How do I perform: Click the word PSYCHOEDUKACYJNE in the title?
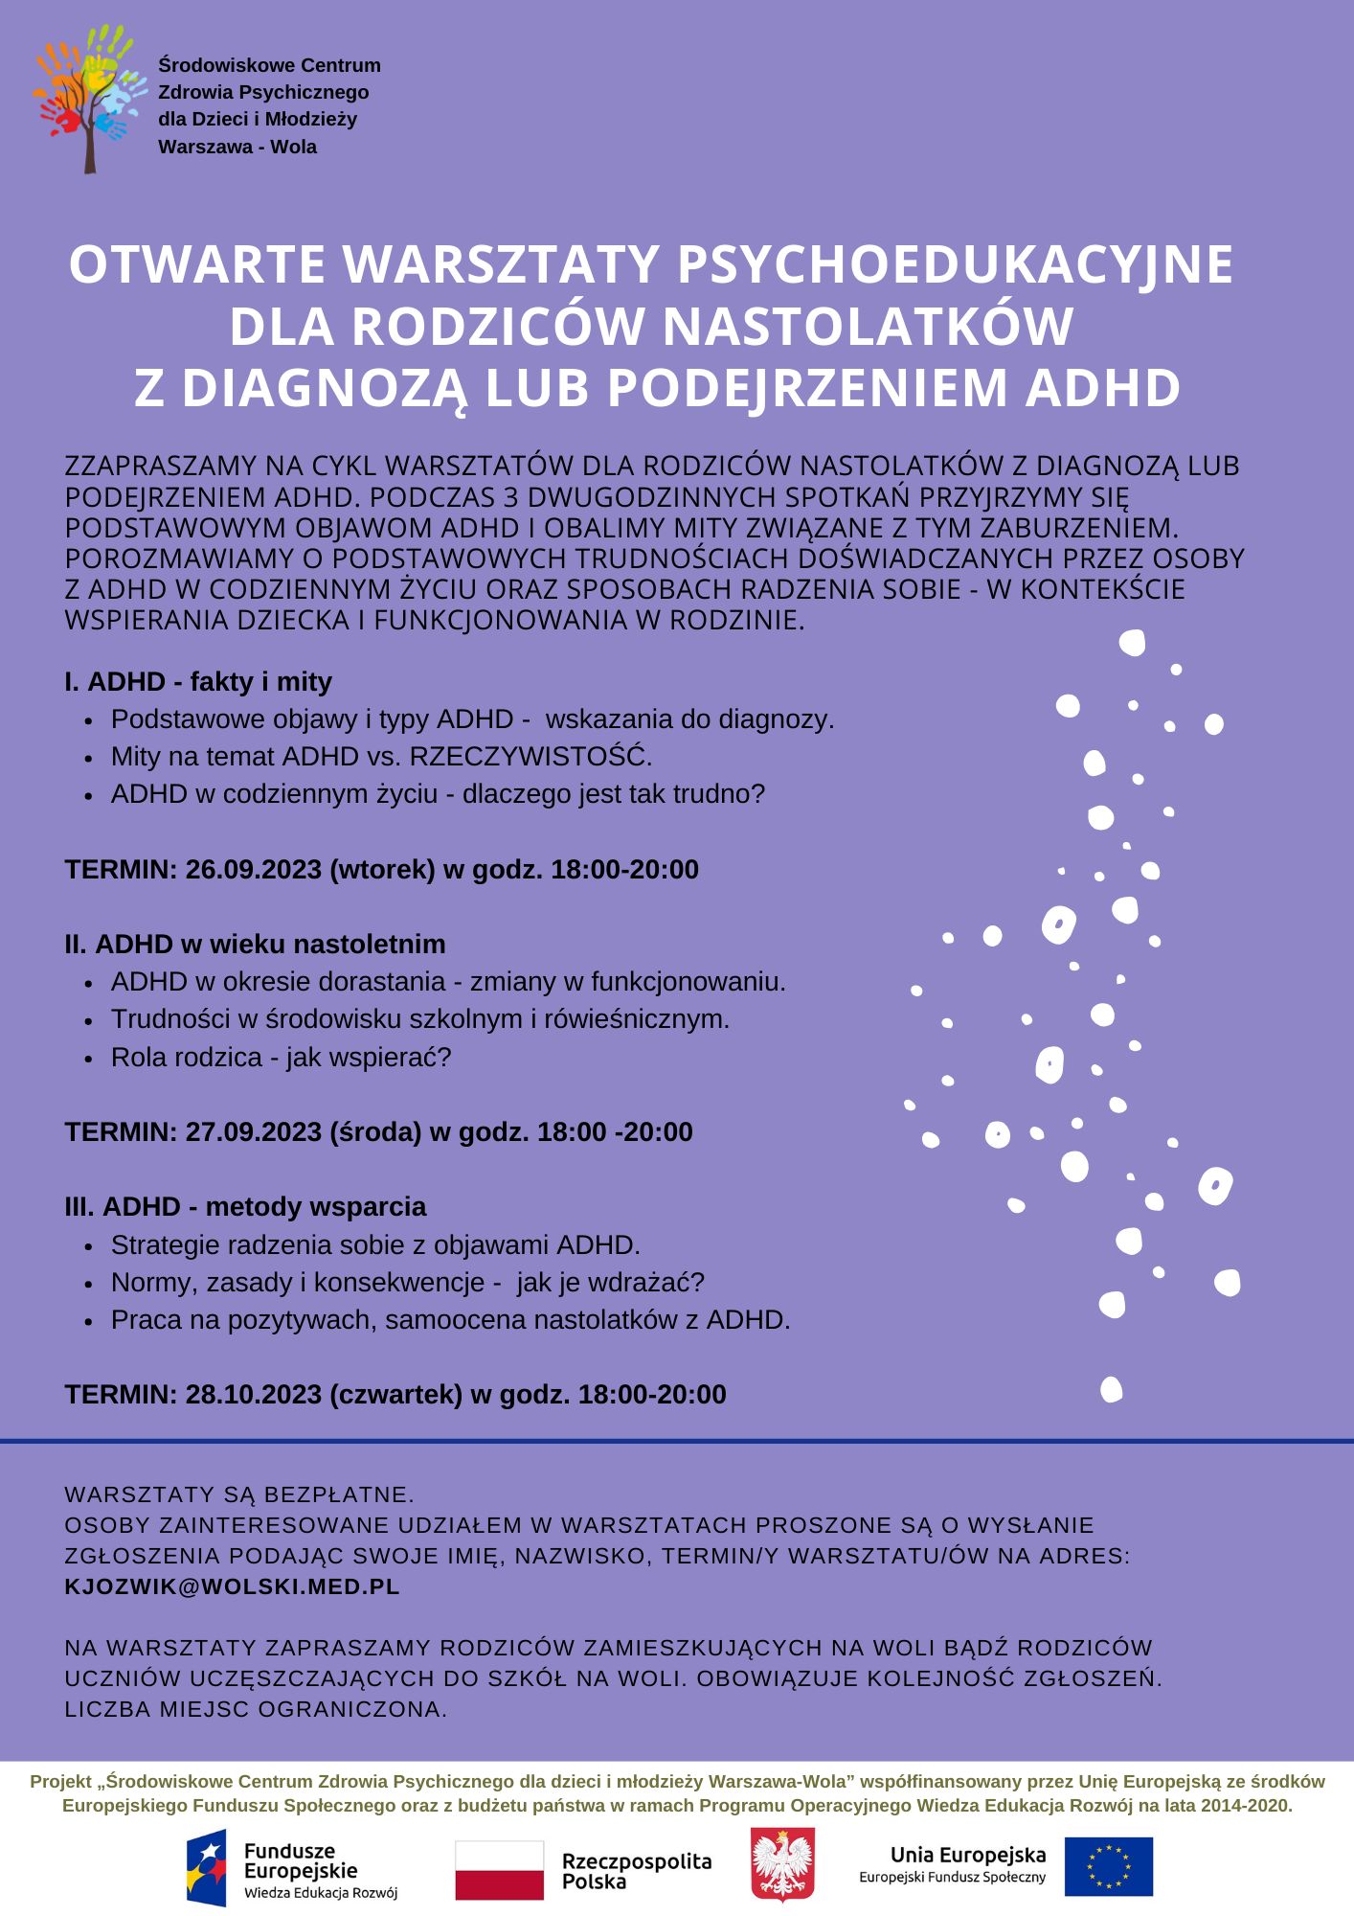coord(955,265)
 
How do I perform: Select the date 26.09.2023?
coord(253,870)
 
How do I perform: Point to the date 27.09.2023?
coord(253,1132)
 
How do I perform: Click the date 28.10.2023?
coord(253,1395)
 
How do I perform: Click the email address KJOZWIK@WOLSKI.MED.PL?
coord(232,1586)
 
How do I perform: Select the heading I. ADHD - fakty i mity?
coord(198,682)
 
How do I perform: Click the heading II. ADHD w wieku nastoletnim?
coord(255,945)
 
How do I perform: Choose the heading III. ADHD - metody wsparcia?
coord(245,1207)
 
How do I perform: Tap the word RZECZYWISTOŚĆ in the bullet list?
coord(530,757)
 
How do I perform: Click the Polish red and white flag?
coord(499,1869)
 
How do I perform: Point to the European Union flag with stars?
coord(1109,1866)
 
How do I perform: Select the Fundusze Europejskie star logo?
coord(208,1867)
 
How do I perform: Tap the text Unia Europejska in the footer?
coord(968,1855)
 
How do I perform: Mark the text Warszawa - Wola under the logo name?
coord(237,148)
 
